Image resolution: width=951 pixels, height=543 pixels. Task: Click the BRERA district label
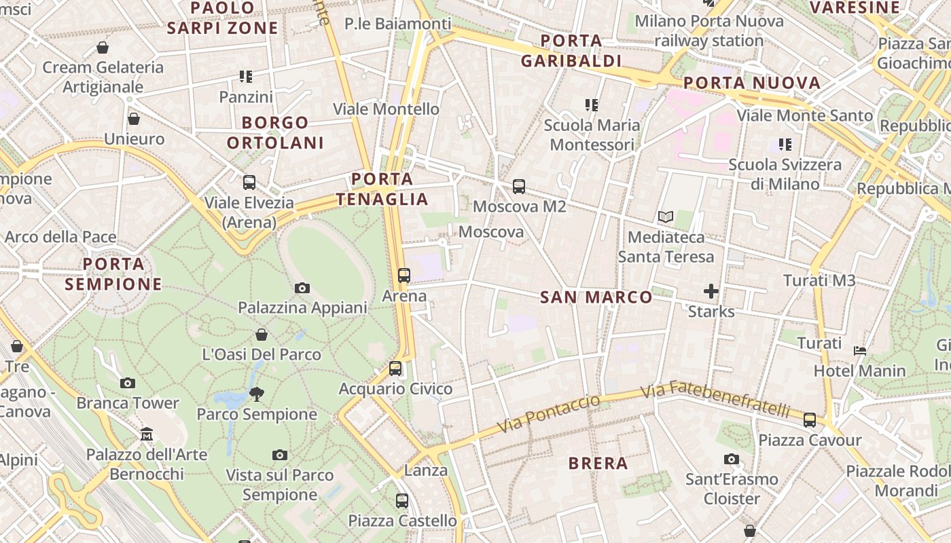click(x=598, y=464)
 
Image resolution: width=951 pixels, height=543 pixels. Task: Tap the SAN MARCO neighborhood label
click(x=596, y=297)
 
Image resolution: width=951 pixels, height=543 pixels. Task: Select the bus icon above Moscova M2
click(x=519, y=186)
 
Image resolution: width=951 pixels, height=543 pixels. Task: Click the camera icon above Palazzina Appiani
click(x=302, y=288)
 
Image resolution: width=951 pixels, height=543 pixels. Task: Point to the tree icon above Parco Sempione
click(x=257, y=394)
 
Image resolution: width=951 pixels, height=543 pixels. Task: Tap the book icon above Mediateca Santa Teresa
click(x=666, y=217)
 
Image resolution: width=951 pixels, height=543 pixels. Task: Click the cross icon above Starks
click(x=711, y=292)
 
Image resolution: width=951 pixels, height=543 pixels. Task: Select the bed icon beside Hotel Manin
click(x=860, y=351)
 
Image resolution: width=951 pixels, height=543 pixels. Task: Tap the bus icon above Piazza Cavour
click(x=809, y=419)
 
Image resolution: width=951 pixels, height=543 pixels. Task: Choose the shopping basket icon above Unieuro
click(x=134, y=119)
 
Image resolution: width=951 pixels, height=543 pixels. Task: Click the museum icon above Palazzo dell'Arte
click(x=147, y=434)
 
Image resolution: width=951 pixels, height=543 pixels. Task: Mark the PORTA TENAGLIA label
click(x=382, y=189)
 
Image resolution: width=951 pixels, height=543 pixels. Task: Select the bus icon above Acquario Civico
click(x=395, y=369)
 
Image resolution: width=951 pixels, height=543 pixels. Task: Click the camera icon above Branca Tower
click(x=127, y=383)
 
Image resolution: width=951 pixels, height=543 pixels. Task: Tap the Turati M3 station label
click(x=819, y=280)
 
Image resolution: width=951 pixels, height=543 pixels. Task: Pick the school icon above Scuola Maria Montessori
click(x=592, y=105)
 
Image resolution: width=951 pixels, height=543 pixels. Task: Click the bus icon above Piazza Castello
click(x=402, y=501)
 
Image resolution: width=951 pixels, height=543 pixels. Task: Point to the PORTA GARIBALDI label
click(x=571, y=51)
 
